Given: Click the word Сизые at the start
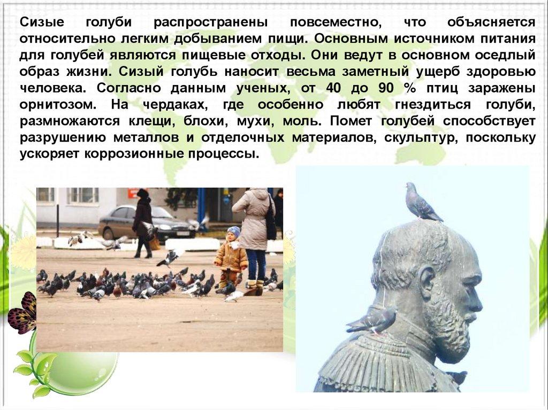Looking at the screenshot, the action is [42, 22].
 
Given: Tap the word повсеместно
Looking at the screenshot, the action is [336, 22].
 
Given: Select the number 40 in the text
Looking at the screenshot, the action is [333, 88].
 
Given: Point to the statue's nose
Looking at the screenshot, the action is [476, 300].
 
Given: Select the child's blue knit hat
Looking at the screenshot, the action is [234, 231].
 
